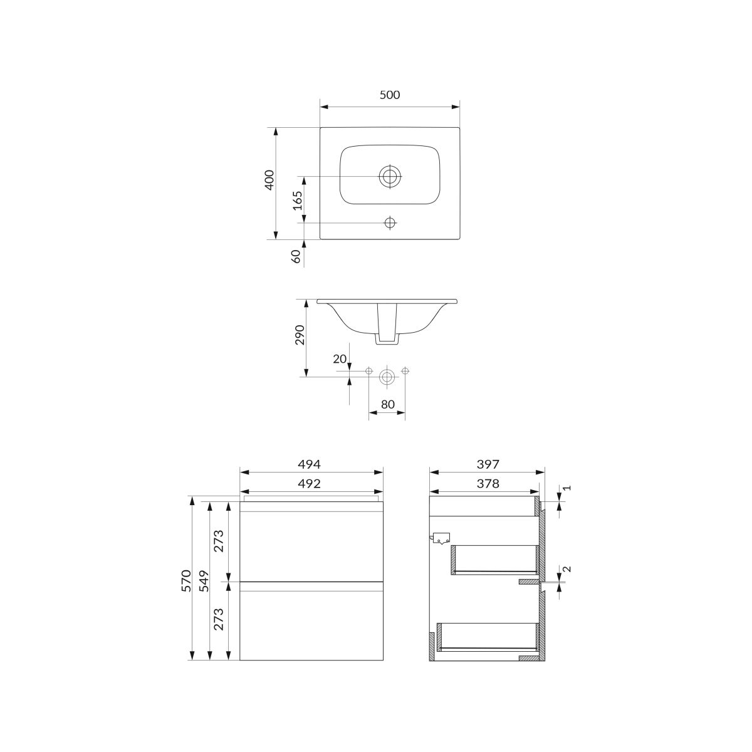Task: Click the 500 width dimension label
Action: click(x=389, y=95)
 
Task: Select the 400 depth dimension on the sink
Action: click(x=269, y=180)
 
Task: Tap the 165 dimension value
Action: click(x=298, y=200)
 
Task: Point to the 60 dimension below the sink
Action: click(x=296, y=256)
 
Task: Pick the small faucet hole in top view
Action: click(x=389, y=223)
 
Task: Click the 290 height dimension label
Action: click(x=300, y=335)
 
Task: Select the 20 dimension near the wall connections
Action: click(x=340, y=358)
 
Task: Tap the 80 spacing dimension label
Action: click(x=387, y=404)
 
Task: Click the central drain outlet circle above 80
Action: click(x=387, y=377)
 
